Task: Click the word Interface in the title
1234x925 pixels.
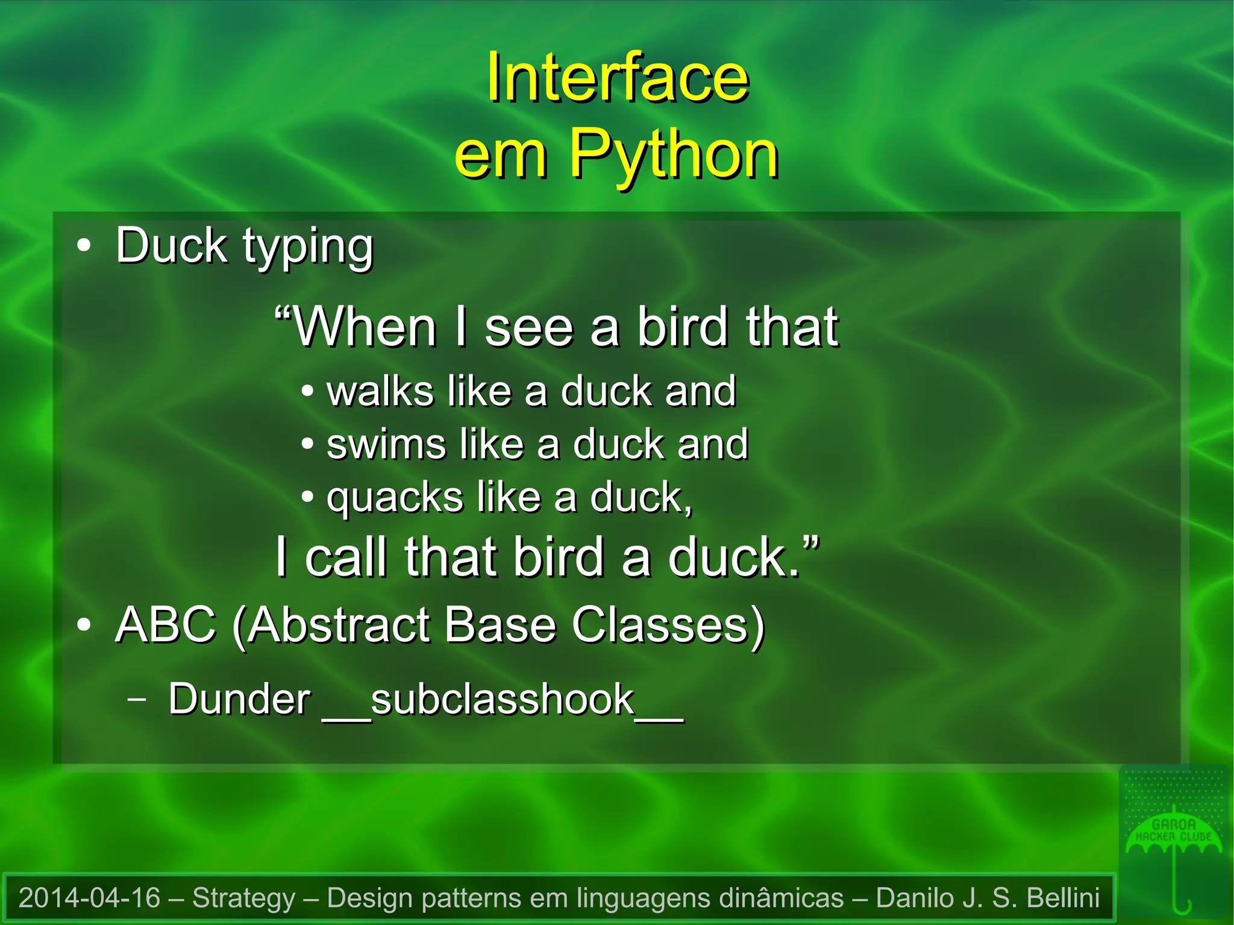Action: pyautogui.click(x=617, y=78)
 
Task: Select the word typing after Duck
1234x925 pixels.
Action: pyautogui.click(x=308, y=247)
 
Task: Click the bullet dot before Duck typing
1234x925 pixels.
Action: pyautogui.click(x=84, y=246)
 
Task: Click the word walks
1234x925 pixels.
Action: pyautogui.click(x=380, y=391)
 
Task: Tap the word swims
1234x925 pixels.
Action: pyautogui.click(x=386, y=444)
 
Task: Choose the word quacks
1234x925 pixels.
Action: pyautogui.click(x=395, y=498)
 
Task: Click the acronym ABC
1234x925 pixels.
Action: pyautogui.click(x=166, y=625)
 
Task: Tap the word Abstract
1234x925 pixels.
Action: pyautogui.click(x=338, y=625)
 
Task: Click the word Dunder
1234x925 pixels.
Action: pyautogui.click(x=239, y=700)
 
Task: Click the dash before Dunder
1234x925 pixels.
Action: pyautogui.click(x=137, y=699)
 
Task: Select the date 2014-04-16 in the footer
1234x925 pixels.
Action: pyautogui.click(x=90, y=898)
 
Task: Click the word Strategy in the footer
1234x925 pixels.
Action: pyautogui.click(x=243, y=898)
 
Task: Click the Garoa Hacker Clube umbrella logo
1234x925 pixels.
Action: pyautogui.click(x=1174, y=844)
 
